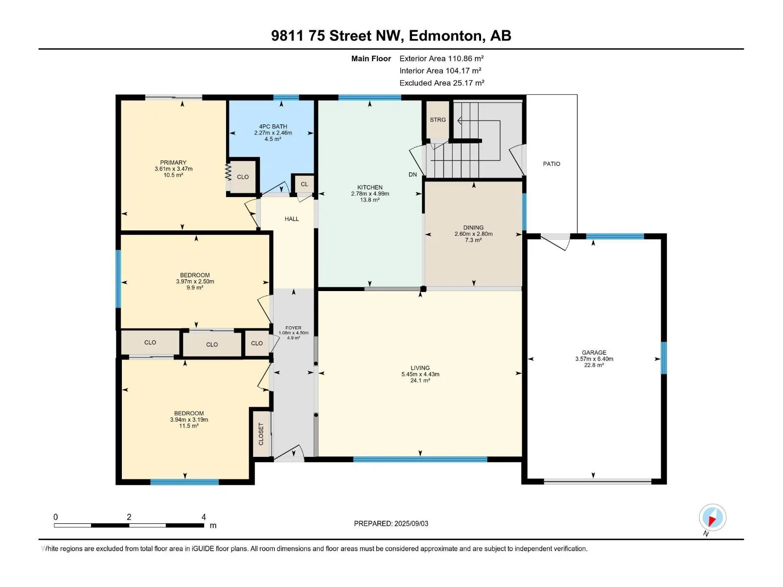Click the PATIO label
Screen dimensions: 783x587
[x=551, y=164]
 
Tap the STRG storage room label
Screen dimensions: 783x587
[x=438, y=120]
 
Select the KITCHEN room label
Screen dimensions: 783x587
[x=369, y=187]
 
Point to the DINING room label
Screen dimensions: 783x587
[x=473, y=228]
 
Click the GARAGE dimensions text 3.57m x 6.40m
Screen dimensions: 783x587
[x=594, y=359]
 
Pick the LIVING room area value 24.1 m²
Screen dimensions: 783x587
[x=420, y=381]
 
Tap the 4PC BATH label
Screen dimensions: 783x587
[x=273, y=127]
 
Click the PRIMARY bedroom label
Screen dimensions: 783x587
[x=173, y=162]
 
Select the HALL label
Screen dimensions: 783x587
[x=292, y=219]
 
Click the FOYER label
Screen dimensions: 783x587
[x=293, y=328]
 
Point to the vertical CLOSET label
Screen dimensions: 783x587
[x=261, y=434]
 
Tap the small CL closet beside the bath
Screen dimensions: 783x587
[x=304, y=184]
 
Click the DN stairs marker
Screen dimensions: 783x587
[x=413, y=175]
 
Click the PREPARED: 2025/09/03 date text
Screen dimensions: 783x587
[x=391, y=523]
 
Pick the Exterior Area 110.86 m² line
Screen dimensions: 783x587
[x=441, y=58]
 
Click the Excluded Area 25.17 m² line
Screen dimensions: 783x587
[x=441, y=83]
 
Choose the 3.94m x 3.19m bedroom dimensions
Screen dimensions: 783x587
[x=189, y=420]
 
